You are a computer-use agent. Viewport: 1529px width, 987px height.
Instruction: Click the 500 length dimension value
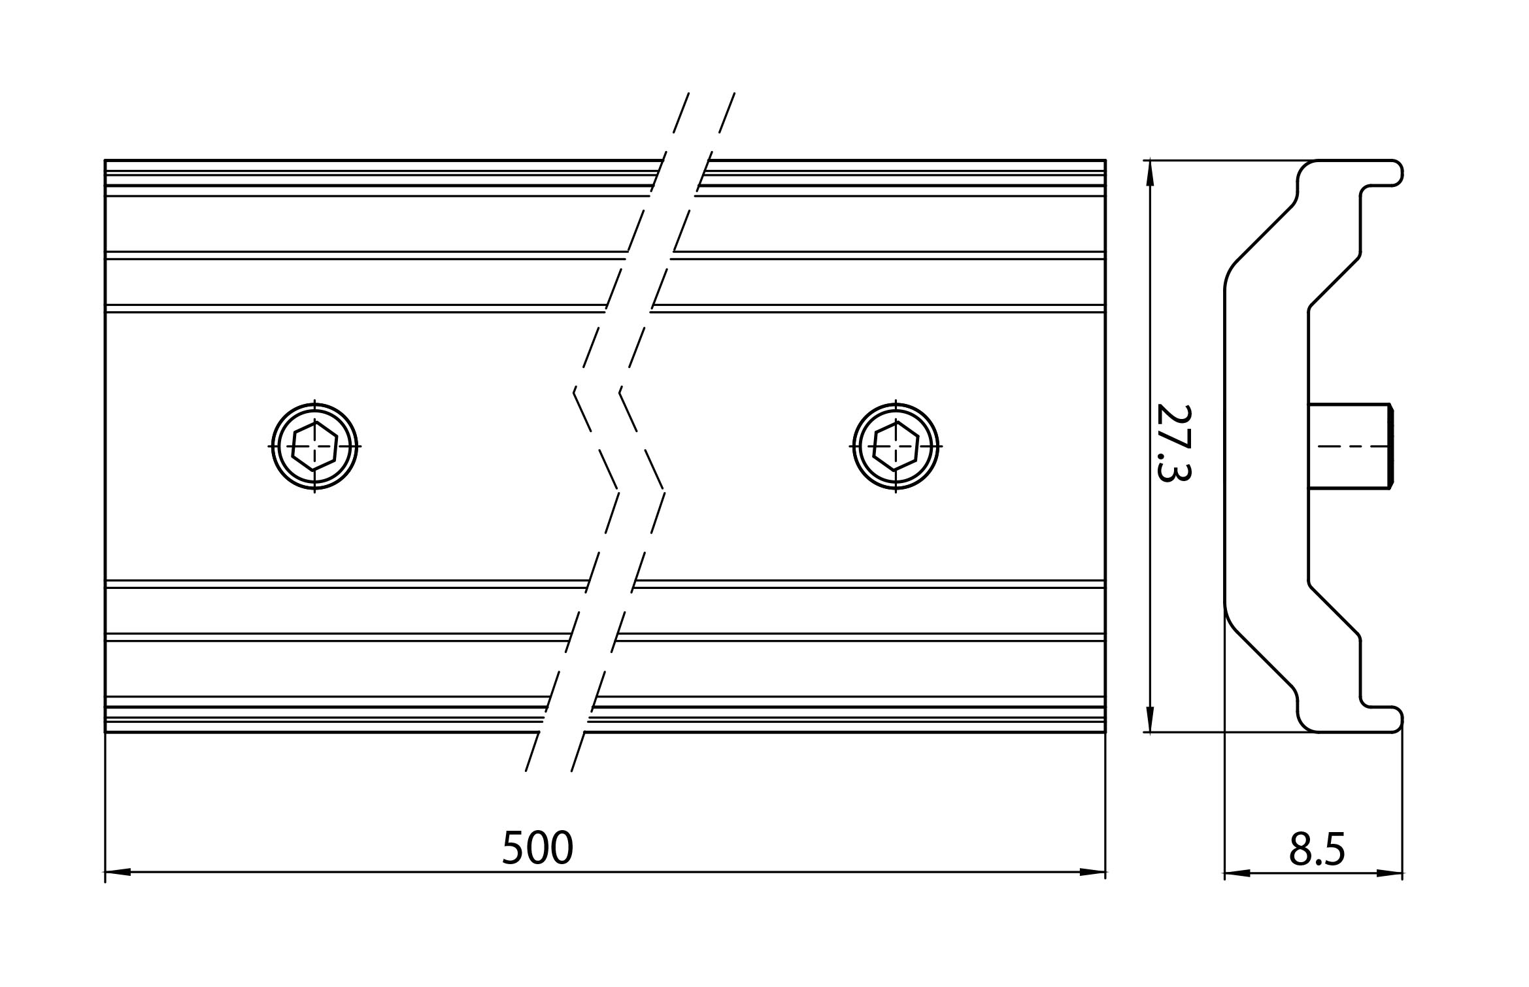(x=537, y=847)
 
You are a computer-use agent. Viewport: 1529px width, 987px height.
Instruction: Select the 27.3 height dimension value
(x=1173, y=443)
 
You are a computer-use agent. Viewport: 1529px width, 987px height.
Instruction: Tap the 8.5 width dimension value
(x=1317, y=849)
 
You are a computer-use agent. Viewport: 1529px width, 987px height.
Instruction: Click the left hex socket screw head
(x=314, y=446)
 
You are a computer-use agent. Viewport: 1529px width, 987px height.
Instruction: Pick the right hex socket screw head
(x=896, y=446)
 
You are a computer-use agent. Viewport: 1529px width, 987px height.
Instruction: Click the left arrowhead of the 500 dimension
(x=118, y=872)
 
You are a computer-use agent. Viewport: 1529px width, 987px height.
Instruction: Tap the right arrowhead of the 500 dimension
(x=1092, y=872)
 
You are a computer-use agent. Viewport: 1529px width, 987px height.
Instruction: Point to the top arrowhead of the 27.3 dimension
(x=1151, y=173)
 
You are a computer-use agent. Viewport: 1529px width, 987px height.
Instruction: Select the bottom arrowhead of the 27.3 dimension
(x=1151, y=719)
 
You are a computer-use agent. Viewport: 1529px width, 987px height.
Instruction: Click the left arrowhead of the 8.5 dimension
(x=1237, y=873)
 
